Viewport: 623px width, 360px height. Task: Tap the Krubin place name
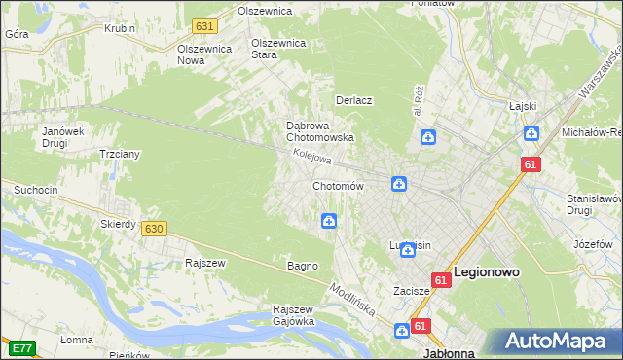pyautogui.click(x=120, y=28)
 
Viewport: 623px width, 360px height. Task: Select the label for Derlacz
pyautogui.click(x=354, y=100)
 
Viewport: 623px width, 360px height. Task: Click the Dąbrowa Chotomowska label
pyautogui.click(x=319, y=131)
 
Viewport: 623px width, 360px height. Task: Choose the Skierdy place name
pyautogui.click(x=118, y=224)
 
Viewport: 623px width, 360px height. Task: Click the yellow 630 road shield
pyautogui.click(x=153, y=229)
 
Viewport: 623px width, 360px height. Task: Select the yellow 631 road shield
pyautogui.click(x=203, y=26)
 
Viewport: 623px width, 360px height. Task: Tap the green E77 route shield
pyautogui.click(x=21, y=347)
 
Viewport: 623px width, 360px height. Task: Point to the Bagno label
pyautogui.click(x=302, y=266)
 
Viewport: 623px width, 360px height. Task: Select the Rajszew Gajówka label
pyautogui.click(x=293, y=315)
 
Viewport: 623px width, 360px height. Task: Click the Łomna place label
pyautogui.click(x=76, y=340)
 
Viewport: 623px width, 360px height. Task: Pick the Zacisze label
pyautogui.click(x=412, y=290)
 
